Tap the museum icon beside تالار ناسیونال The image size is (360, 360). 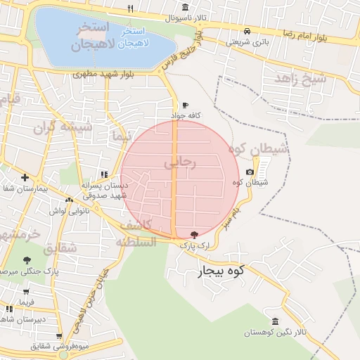click(185, 8)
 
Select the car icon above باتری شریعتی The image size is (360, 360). click(247, 31)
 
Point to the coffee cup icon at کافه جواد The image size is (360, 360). click(185, 105)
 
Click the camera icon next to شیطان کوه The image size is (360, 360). click(250, 172)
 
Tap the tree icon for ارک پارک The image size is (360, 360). click(194, 235)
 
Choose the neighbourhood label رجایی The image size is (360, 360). click(181, 162)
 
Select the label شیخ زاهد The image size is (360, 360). click(300, 79)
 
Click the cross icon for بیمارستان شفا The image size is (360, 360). click(25, 177)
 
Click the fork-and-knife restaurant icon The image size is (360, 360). click(130, 8)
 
